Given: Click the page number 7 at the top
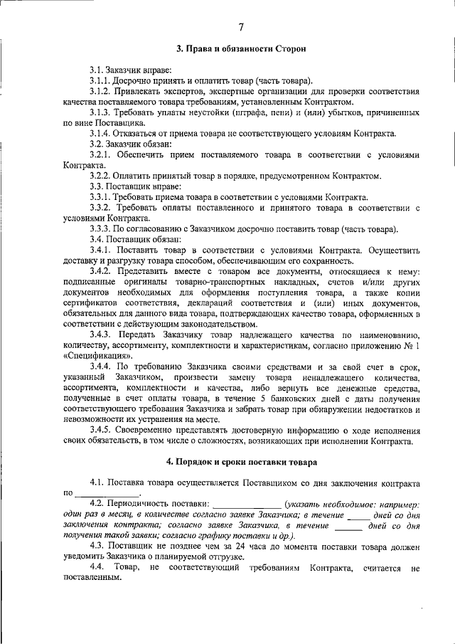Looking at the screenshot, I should pyautogui.click(x=241, y=27).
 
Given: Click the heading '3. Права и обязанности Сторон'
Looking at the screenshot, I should pyautogui.click(x=241, y=49).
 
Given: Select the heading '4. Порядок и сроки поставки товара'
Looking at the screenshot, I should pyautogui.click(x=241, y=461).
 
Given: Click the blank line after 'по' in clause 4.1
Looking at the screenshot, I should pyautogui.click(x=107, y=493).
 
